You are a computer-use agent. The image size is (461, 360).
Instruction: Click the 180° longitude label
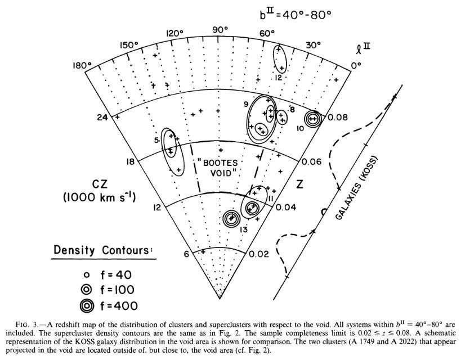click(82, 66)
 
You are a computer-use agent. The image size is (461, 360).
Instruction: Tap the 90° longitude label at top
click(220, 29)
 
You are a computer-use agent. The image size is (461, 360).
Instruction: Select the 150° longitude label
click(129, 45)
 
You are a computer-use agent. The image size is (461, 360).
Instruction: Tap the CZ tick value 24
click(102, 118)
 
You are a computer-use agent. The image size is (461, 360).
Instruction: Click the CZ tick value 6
click(187, 254)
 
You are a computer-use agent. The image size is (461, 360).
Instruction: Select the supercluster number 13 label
click(243, 229)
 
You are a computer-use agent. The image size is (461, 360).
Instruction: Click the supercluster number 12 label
click(279, 77)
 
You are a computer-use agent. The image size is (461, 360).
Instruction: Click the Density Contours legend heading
click(104, 249)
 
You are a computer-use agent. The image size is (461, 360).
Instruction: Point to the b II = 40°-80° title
click(294, 13)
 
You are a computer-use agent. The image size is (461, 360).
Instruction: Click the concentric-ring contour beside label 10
click(312, 119)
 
